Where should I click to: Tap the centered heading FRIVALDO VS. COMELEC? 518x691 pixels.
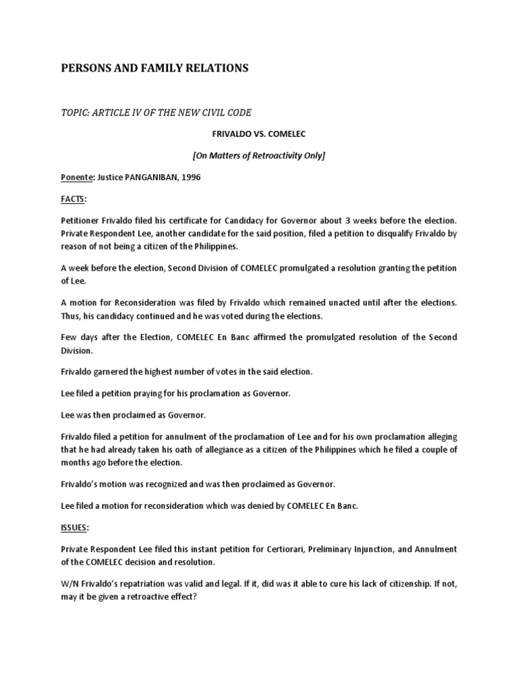(x=258, y=135)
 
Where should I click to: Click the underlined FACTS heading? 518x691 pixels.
(x=74, y=200)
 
